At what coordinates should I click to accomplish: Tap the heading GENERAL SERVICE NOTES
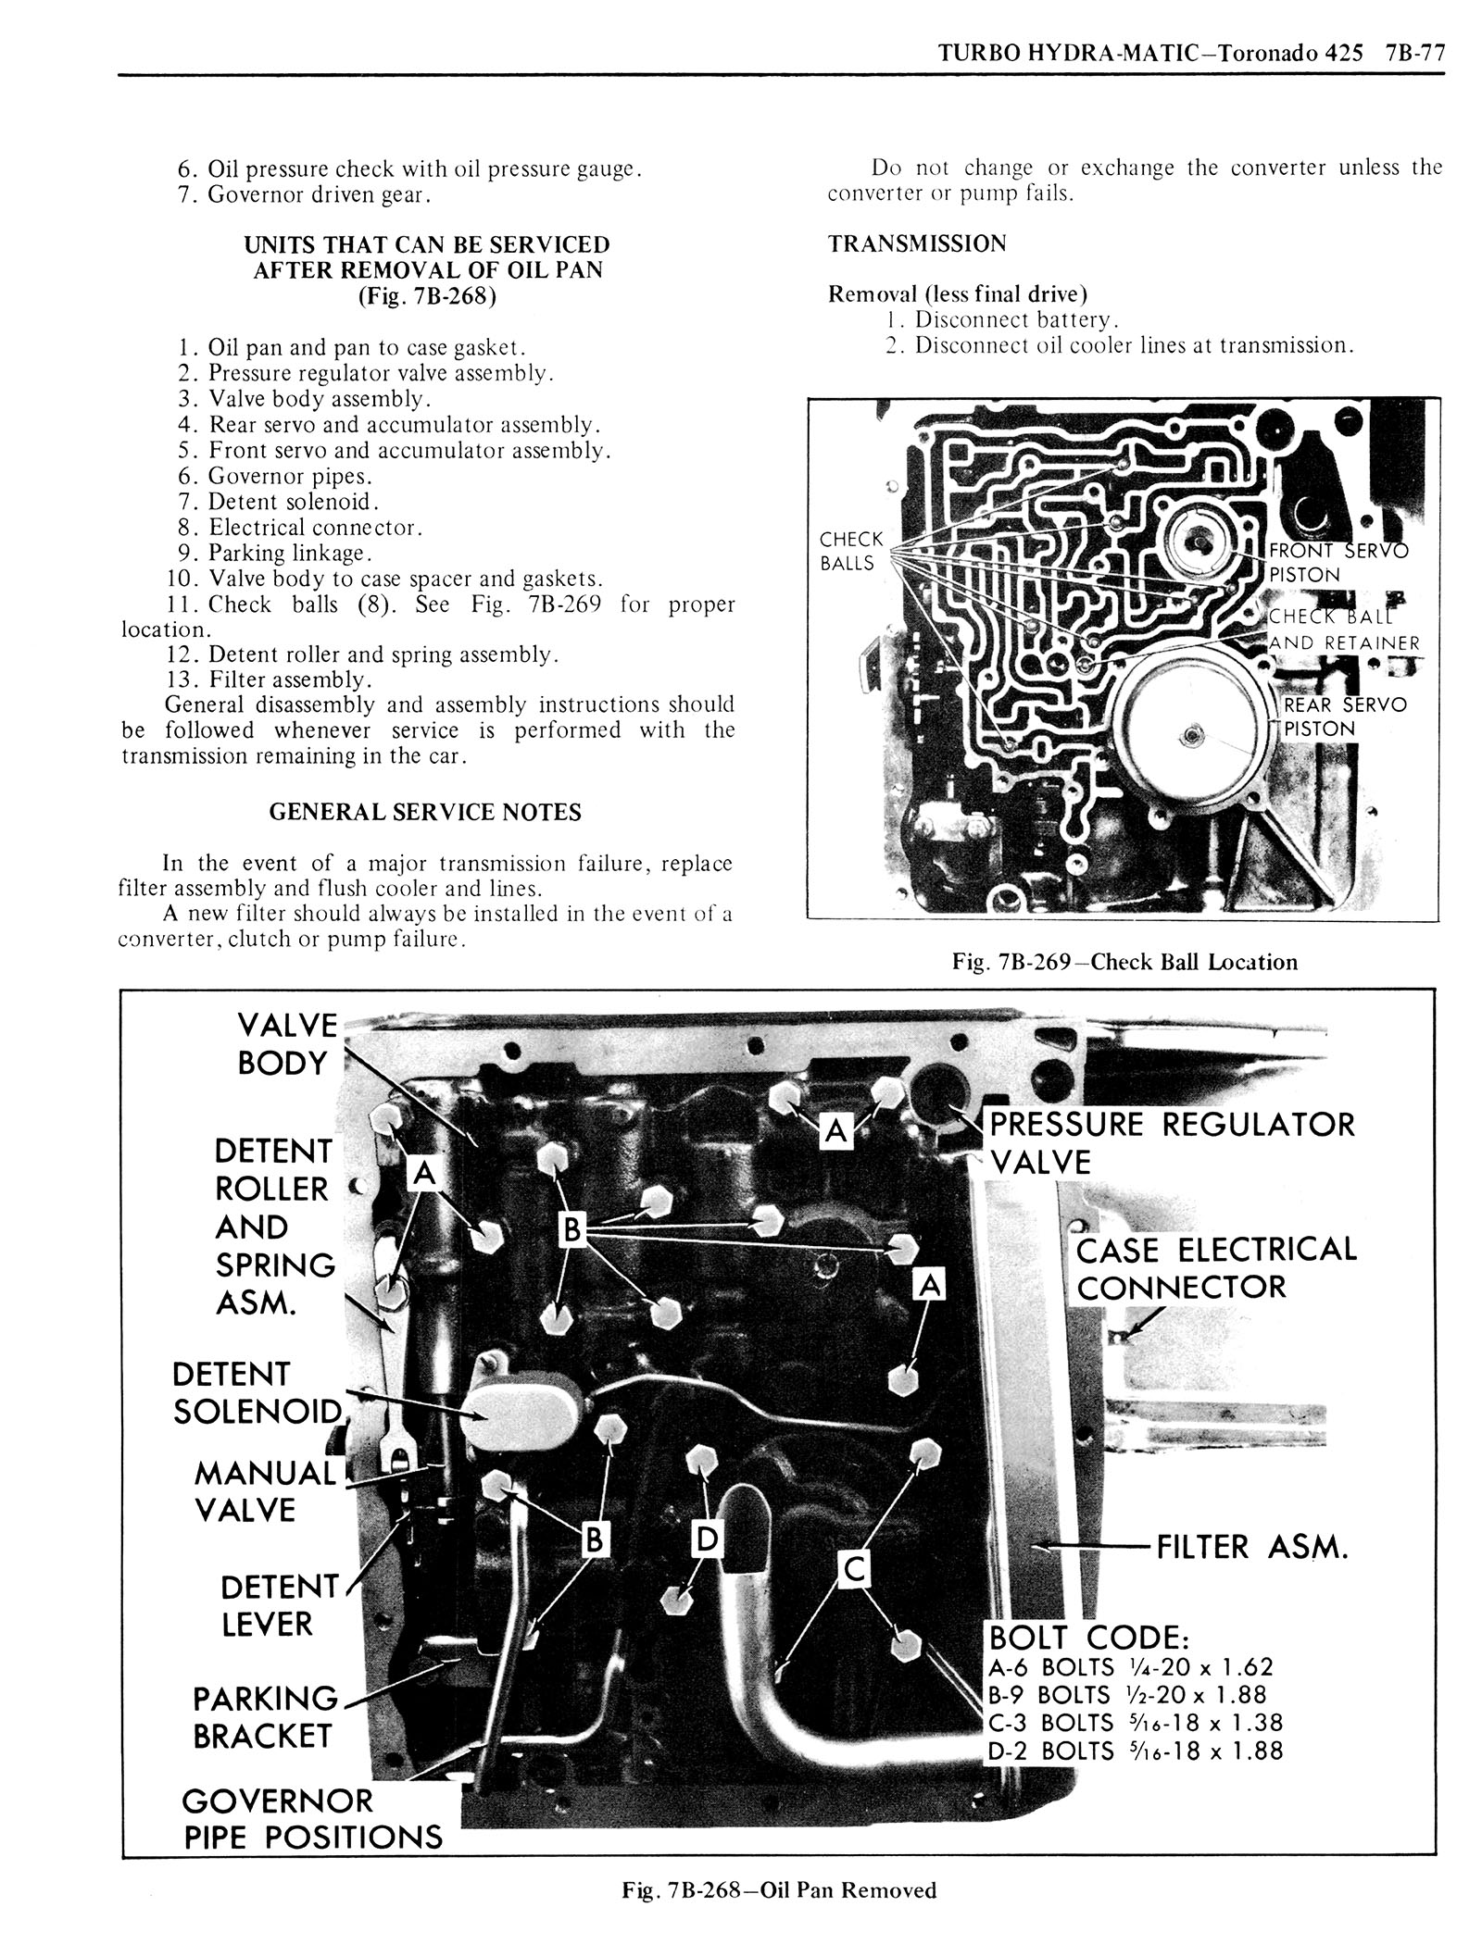point(425,812)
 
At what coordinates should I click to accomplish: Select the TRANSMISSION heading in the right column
point(916,243)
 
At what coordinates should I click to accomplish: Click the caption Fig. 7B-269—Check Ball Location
point(1124,962)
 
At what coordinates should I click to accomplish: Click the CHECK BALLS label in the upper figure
point(851,551)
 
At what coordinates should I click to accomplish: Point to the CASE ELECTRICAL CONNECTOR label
point(1215,1267)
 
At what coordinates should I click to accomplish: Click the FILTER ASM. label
point(1251,1546)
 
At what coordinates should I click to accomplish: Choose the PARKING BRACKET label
point(265,1716)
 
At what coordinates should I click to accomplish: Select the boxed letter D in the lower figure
point(707,1539)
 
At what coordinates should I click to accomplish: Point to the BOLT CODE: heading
point(1088,1637)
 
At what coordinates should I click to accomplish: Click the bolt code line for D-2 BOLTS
point(1136,1750)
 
